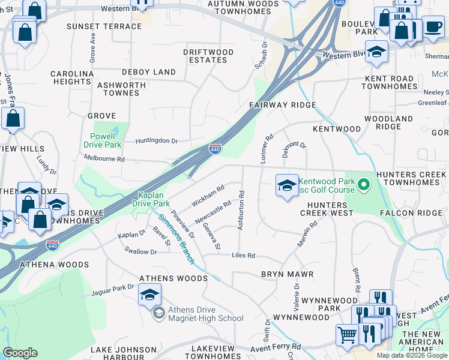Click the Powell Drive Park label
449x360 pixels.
pos(105,140)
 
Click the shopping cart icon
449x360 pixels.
pos(346,335)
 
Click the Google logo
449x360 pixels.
pos(20,353)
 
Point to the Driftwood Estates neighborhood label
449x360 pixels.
pos(208,56)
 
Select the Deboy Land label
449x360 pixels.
pos(149,72)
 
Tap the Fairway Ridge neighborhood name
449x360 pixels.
pos(283,105)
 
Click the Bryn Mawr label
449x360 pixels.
pos(288,274)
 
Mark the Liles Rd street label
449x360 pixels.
pos(244,256)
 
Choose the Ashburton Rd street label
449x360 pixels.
pos(241,210)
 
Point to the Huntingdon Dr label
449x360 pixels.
pos(157,141)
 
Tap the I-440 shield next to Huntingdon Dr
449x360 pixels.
pos(215,148)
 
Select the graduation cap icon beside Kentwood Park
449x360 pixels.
pos(287,185)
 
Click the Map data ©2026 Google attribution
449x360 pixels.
pos(412,355)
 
